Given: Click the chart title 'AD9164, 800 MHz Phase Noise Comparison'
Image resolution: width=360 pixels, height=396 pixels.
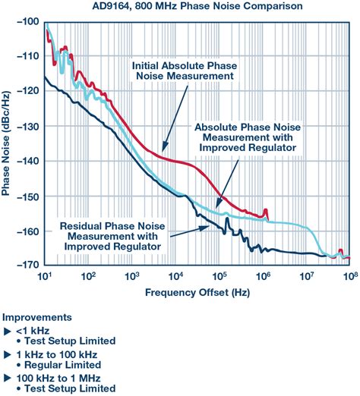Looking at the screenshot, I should pos(180,7).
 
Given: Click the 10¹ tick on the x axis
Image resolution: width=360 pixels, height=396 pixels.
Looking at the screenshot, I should pos(44,275).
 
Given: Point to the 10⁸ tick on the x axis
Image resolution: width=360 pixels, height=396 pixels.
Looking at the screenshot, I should pos(349,275).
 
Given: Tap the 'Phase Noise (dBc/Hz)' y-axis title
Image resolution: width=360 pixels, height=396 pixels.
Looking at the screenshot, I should pos(8,144).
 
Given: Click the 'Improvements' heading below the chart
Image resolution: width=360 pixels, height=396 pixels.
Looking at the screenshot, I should pos(38,317).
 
